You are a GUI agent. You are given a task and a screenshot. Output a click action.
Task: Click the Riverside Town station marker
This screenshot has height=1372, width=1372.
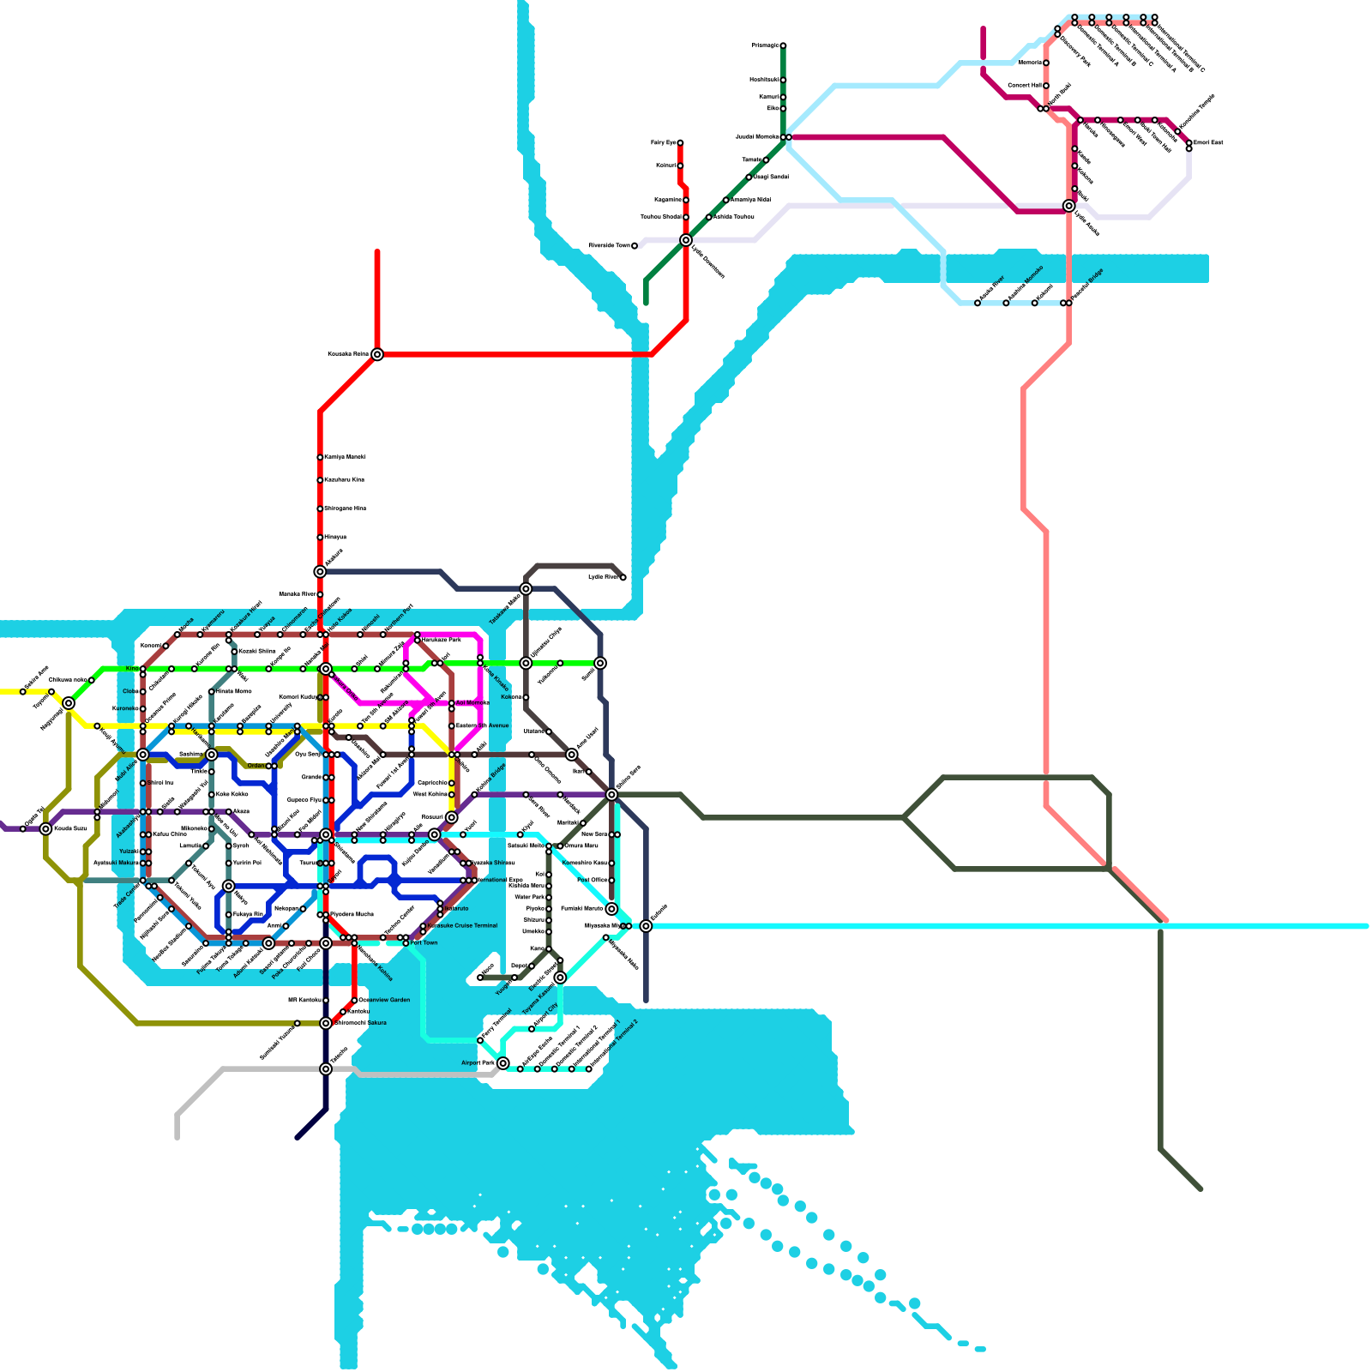tap(635, 246)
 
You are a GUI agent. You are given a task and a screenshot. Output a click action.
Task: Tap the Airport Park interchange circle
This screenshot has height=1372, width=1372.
tap(503, 1063)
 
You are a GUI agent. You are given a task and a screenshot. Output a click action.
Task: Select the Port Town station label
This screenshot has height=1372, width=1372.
tap(424, 943)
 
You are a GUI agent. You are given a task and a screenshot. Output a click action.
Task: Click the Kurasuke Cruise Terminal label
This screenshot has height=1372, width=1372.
tap(463, 926)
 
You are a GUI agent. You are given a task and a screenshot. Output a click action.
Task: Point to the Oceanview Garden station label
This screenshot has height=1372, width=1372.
tap(384, 1000)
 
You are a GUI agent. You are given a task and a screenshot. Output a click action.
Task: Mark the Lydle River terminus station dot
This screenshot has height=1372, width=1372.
tap(623, 578)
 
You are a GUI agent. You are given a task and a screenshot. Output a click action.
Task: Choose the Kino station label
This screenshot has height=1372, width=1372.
tap(132, 669)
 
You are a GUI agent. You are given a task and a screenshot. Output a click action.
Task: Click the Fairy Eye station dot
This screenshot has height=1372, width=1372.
tap(680, 143)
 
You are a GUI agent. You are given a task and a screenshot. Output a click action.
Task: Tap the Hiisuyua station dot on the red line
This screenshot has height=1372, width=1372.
tap(320, 538)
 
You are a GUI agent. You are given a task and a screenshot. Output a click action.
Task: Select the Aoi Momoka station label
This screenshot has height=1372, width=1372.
tap(472, 703)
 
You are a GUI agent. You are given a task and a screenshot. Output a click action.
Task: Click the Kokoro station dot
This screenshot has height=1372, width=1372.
tap(526, 697)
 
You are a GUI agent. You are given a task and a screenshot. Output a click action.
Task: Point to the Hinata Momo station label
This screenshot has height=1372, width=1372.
tap(234, 691)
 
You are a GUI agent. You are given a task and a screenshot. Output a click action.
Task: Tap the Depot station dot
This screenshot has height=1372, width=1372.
tap(532, 966)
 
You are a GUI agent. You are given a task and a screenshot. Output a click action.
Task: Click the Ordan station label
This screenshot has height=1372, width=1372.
tap(256, 766)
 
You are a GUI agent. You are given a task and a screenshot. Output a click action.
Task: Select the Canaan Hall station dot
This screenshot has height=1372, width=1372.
tap(1046, 86)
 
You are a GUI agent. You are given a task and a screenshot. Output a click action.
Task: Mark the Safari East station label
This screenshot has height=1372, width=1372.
tap(1208, 142)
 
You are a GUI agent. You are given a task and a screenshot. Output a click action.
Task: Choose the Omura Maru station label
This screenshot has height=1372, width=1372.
tap(581, 846)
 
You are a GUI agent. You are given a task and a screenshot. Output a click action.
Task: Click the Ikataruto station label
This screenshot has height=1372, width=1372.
tap(456, 909)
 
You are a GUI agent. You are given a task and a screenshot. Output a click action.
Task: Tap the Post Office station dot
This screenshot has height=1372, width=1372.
tap(611, 881)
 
